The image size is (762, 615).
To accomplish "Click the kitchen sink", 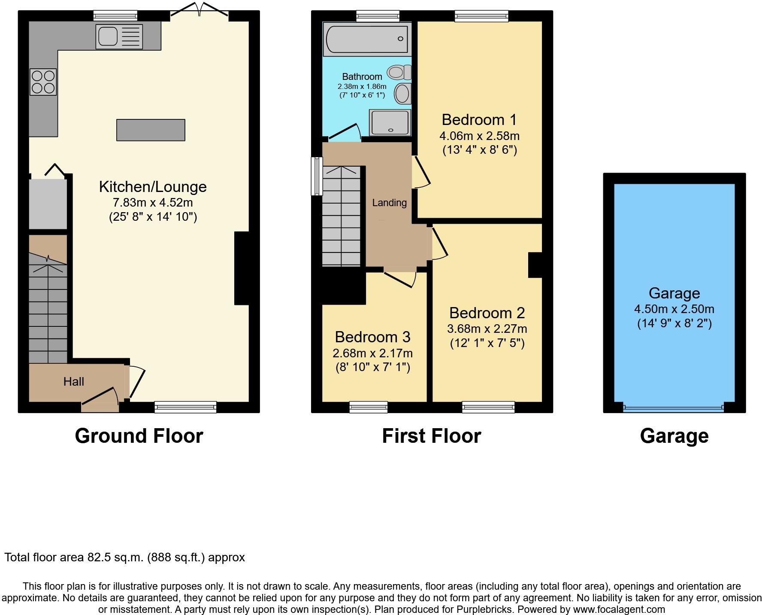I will pyautogui.click(x=119, y=36).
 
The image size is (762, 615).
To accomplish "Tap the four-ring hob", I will pyautogui.click(x=43, y=82).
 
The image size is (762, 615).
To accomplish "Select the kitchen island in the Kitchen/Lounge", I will pyautogui.click(x=151, y=130).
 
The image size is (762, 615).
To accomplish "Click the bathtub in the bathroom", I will pyautogui.click(x=367, y=39).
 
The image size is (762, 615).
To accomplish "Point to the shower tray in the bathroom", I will pyautogui.click(x=390, y=122).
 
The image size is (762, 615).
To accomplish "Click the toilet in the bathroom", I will pyautogui.click(x=399, y=72).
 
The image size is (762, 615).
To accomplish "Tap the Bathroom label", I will pyautogui.click(x=362, y=77).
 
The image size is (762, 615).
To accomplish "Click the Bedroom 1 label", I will pyautogui.click(x=479, y=119).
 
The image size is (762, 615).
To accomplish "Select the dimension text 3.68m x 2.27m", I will pyautogui.click(x=487, y=329).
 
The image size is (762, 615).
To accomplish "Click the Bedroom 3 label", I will pyautogui.click(x=372, y=337).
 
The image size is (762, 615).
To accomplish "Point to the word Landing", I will pyautogui.click(x=389, y=203).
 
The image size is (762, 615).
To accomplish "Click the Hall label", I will pyautogui.click(x=74, y=381).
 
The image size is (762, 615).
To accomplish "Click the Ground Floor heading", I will pyautogui.click(x=139, y=436).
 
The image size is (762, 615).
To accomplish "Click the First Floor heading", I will pyautogui.click(x=431, y=436).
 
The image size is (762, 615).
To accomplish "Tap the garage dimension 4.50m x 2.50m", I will pyautogui.click(x=674, y=309).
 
